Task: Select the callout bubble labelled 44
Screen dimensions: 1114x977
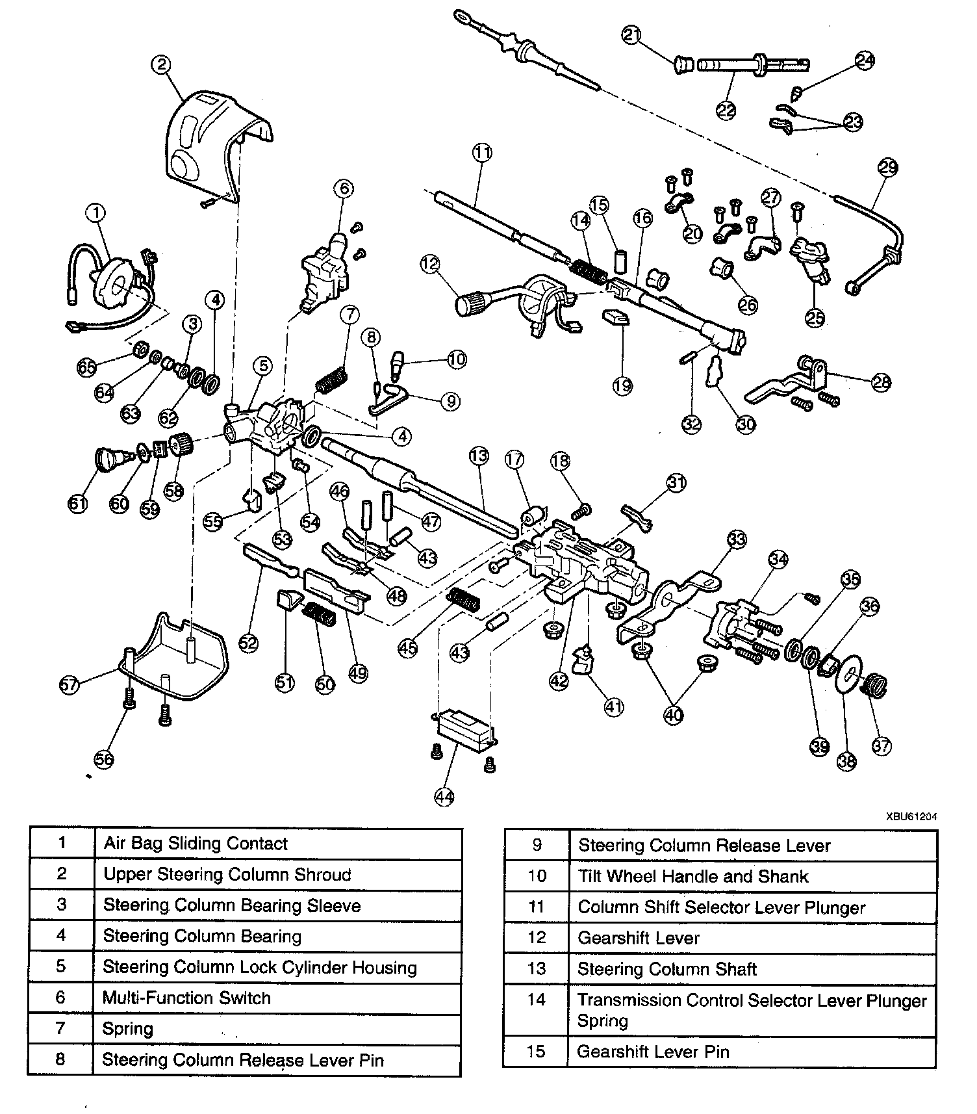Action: point(444,797)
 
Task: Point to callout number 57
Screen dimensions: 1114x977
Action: point(70,684)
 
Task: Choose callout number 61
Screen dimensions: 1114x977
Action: point(78,503)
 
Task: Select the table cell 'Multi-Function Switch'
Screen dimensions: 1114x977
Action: point(187,998)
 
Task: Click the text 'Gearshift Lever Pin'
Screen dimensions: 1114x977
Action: point(653,1052)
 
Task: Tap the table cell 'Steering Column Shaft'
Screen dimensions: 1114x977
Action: point(667,969)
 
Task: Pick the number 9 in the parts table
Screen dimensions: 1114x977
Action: point(537,846)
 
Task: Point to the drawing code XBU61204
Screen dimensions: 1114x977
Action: point(909,816)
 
